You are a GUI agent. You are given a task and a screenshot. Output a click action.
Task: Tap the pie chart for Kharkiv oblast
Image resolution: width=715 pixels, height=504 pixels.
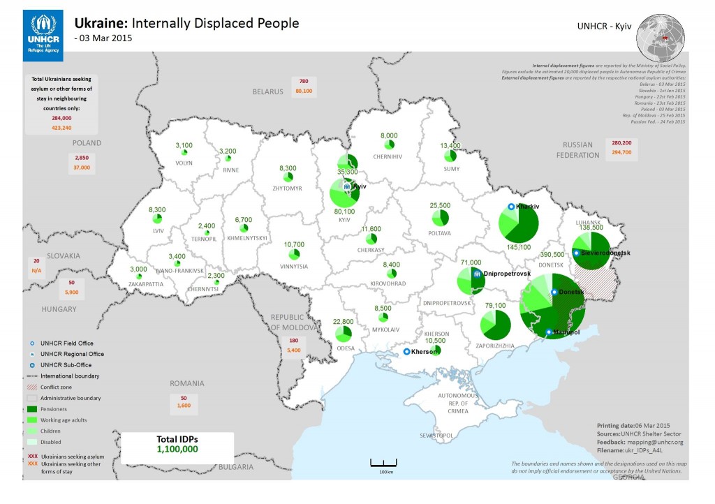(518, 223)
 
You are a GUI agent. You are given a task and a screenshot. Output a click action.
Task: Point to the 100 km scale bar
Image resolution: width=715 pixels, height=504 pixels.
(383, 464)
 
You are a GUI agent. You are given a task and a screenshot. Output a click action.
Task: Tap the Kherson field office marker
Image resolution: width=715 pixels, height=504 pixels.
(407, 352)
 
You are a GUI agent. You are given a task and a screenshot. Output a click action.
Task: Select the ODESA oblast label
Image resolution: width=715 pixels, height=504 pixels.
(345, 348)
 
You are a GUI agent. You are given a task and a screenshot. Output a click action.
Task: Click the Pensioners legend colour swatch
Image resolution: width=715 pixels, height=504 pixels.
(31, 409)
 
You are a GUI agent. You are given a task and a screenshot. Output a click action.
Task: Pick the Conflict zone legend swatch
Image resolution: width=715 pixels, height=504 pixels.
(31, 387)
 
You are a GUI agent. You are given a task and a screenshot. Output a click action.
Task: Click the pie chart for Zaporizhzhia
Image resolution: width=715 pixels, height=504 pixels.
(496, 325)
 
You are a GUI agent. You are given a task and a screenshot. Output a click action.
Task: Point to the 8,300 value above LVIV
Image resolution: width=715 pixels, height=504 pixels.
(157, 209)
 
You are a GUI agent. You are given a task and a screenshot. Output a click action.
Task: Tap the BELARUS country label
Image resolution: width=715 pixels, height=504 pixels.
(268, 91)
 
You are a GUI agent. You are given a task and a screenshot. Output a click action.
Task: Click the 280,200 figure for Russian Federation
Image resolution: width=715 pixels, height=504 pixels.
(621, 142)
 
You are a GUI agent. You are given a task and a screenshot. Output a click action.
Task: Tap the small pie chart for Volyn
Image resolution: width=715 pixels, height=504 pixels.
(185, 151)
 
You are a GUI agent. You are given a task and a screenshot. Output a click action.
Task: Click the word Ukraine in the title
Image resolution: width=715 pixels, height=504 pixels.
(98, 23)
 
